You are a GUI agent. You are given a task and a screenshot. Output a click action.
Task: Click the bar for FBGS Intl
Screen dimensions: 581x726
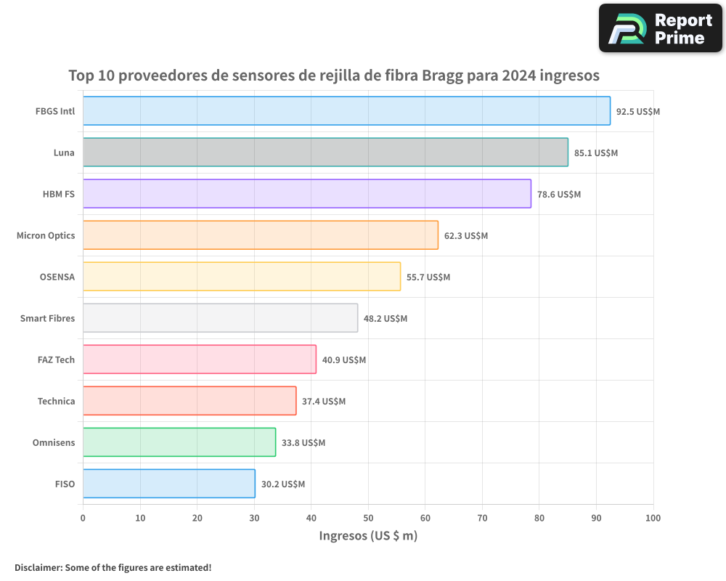tap(346, 111)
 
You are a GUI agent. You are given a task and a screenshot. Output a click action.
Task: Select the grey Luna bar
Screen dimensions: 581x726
tap(325, 153)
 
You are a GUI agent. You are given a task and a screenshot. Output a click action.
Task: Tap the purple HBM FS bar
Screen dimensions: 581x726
tap(306, 194)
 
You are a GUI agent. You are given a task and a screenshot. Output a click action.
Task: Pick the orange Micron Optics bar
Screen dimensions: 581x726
tap(260, 235)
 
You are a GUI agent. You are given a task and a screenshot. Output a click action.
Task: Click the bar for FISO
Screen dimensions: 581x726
tap(168, 484)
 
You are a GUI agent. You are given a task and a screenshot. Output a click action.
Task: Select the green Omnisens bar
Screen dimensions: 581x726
tap(179, 442)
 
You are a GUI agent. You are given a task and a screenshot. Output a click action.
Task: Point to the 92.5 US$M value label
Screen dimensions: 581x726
tap(637, 112)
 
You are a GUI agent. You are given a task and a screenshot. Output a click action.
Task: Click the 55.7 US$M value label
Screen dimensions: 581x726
tap(428, 277)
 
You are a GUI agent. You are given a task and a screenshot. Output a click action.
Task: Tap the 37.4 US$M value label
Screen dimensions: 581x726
tap(324, 402)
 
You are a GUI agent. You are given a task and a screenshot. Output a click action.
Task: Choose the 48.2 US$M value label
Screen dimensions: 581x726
tap(385, 319)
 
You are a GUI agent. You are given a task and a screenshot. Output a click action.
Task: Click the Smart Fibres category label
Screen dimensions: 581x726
tap(47, 318)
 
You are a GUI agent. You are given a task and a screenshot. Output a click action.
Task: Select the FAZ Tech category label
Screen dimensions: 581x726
tap(56, 359)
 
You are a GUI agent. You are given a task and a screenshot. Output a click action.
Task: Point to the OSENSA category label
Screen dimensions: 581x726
tap(57, 277)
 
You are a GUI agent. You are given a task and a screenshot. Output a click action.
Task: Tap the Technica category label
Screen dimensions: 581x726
tap(56, 401)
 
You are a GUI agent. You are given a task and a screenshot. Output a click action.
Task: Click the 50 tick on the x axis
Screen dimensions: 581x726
tap(368, 518)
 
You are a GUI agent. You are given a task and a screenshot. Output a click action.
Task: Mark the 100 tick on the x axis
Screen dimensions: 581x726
tap(653, 518)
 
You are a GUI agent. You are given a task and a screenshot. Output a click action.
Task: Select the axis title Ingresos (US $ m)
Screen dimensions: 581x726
tap(368, 536)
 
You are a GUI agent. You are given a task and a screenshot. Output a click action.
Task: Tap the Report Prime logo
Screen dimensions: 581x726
tap(660, 28)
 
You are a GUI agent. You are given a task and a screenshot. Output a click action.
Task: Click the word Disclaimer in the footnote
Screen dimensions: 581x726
tap(38, 567)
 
